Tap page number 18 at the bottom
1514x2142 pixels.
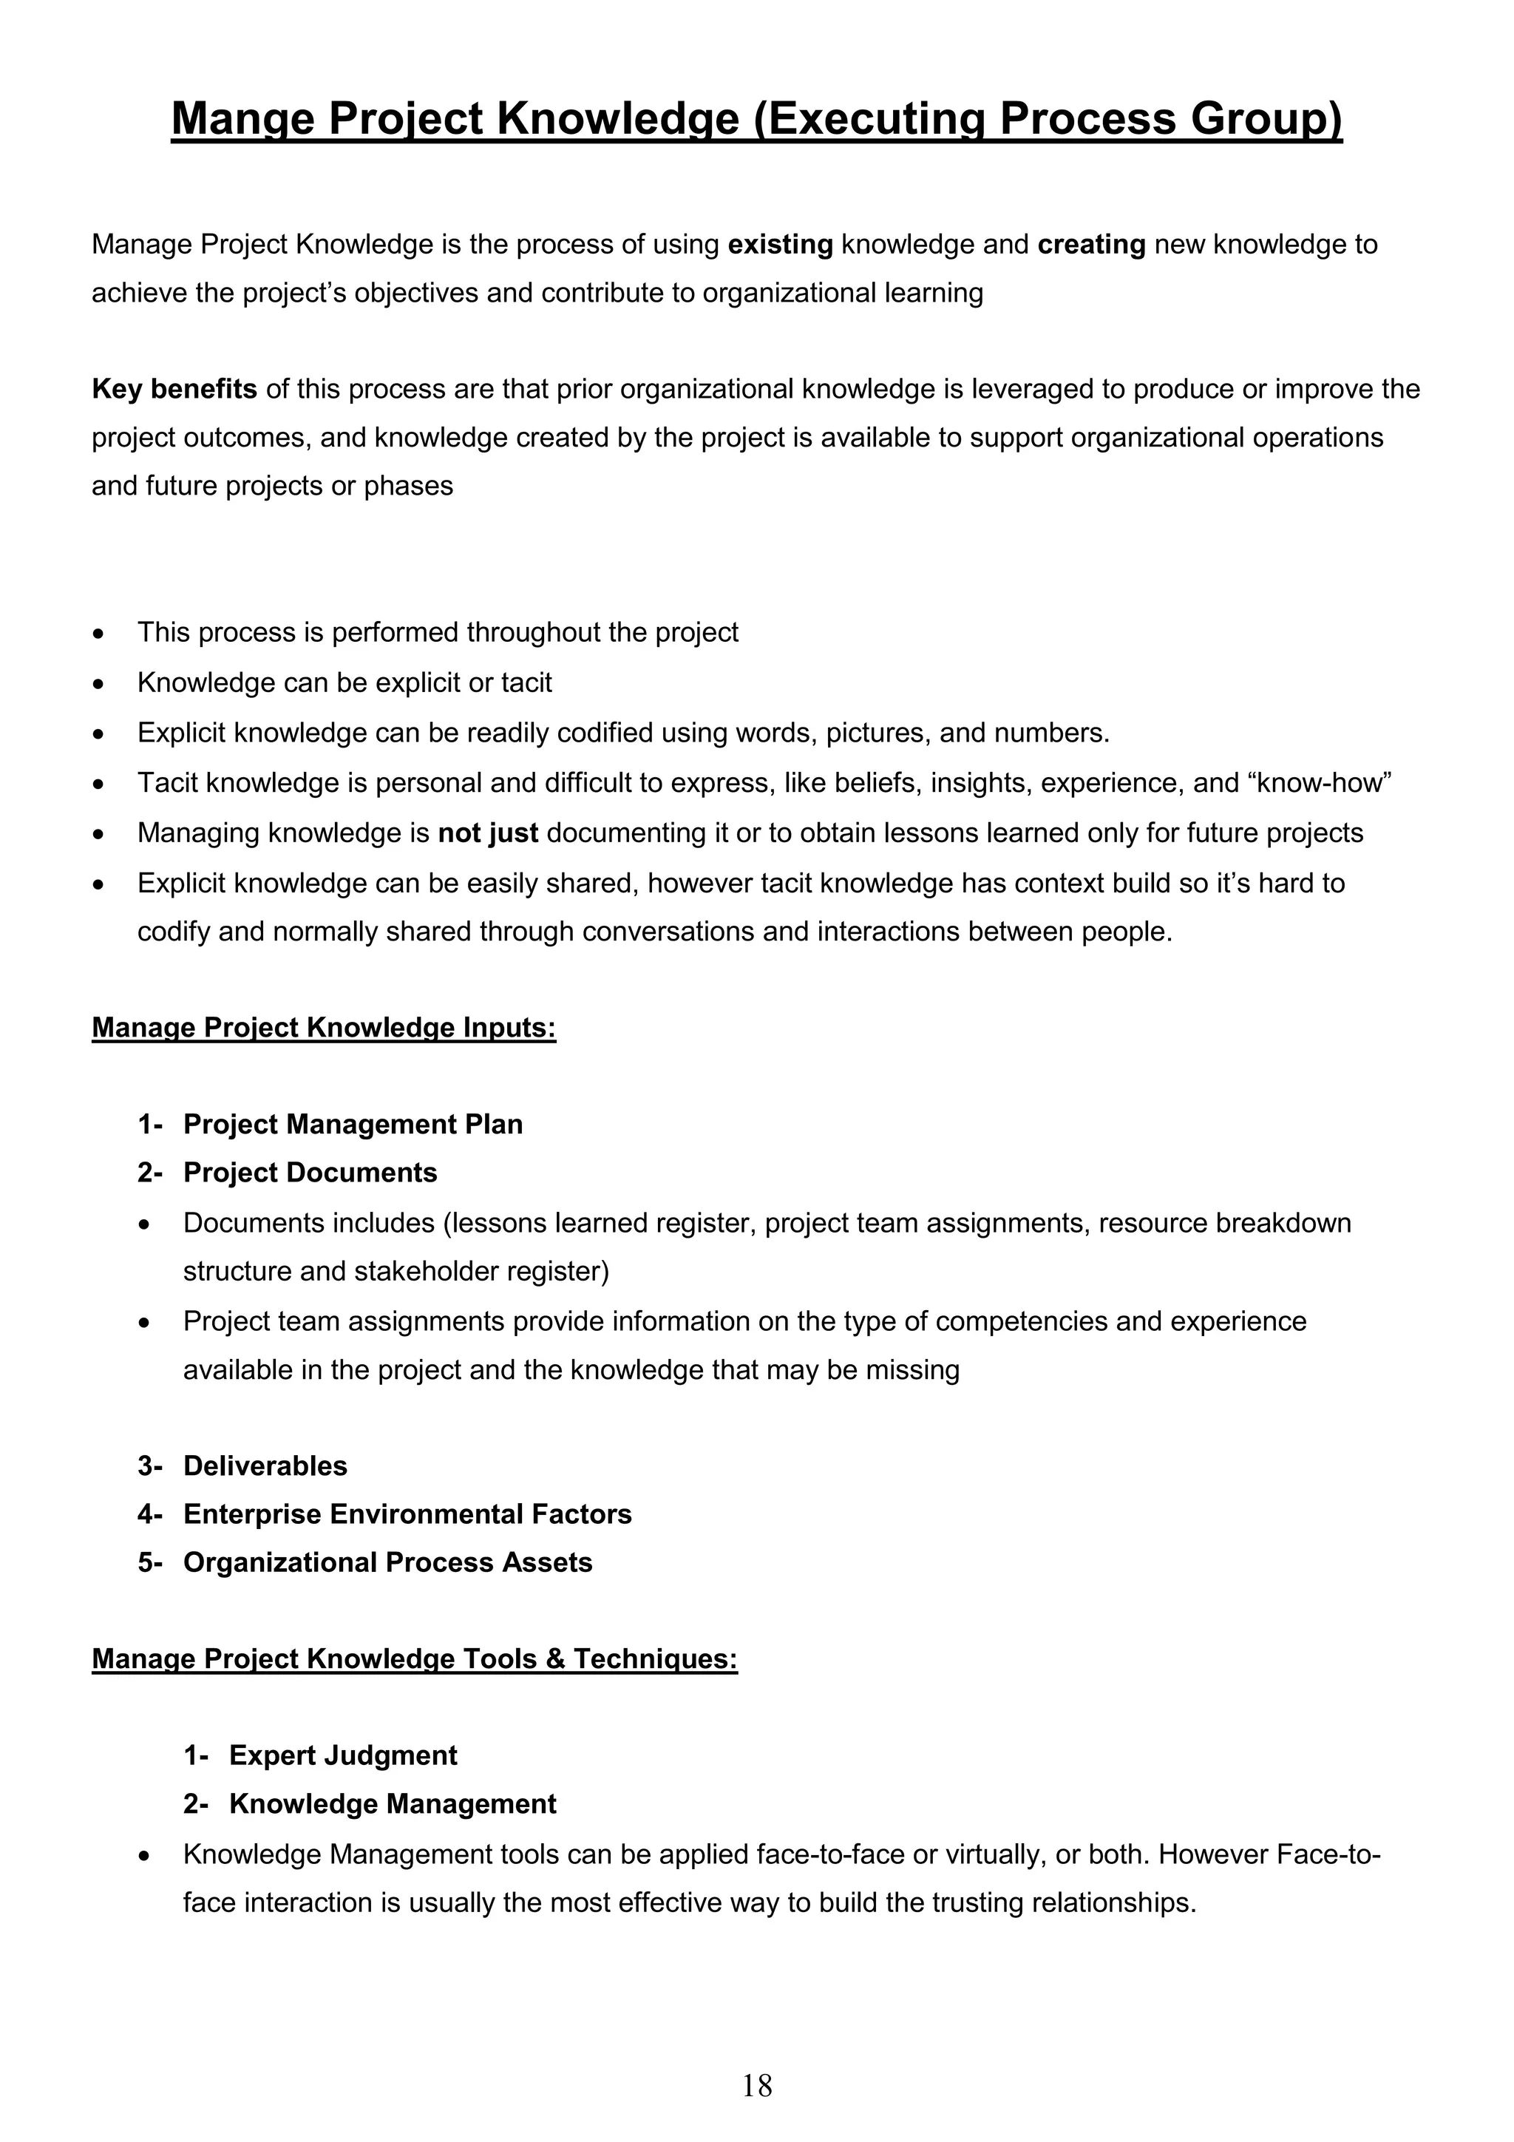pyautogui.click(x=756, y=2084)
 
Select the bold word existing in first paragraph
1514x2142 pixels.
pyautogui.click(x=780, y=245)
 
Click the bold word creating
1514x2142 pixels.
pyautogui.click(x=1090, y=245)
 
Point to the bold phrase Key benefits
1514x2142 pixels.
pyautogui.click(x=174, y=389)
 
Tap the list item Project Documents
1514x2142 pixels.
pyautogui.click(x=310, y=1173)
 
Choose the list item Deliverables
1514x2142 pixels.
pyautogui.click(x=265, y=1465)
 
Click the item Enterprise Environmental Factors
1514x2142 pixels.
pyautogui.click(x=407, y=1514)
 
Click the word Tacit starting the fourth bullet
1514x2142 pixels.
pyautogui.click(x=167, y=783)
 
